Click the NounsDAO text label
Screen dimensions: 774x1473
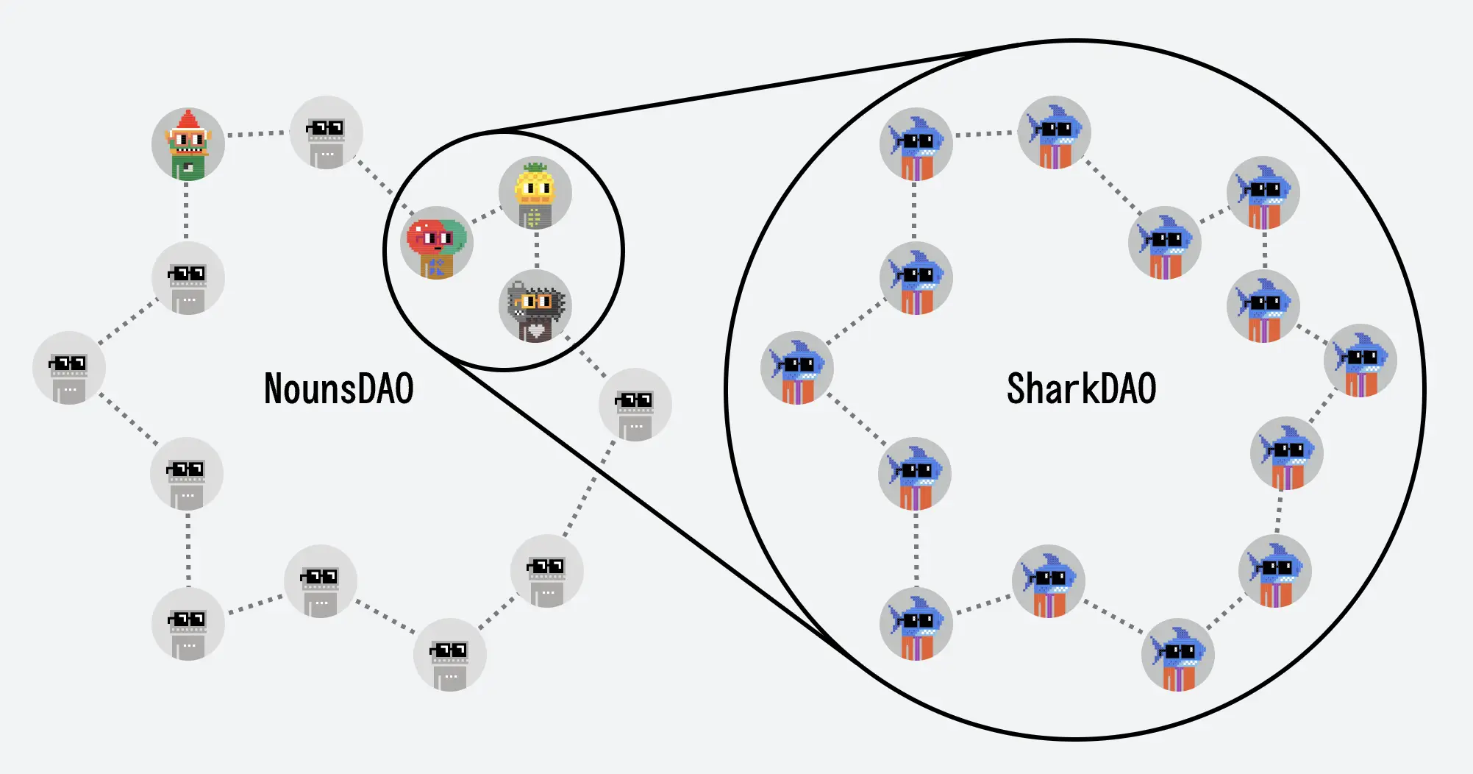coord(338,389)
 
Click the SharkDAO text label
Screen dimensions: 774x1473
coord(1081,389)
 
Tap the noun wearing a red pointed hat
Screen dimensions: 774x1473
coord(188,145)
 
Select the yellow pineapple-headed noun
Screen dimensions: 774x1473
coord(535,194)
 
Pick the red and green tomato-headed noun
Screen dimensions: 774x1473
coord(437,244)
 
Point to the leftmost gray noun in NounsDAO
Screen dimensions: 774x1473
coord(69,368)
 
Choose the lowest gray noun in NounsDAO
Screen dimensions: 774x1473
coord(449,655)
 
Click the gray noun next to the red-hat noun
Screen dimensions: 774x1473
coord(327,133)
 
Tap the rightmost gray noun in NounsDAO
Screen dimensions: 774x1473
coord(635,405)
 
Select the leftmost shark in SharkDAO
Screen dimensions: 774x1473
coord(797,368)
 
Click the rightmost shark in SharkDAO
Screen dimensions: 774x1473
coord(1360,361)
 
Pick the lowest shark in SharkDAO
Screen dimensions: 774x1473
coord(1178,655)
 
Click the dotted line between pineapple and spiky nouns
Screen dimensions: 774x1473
coord(537,250)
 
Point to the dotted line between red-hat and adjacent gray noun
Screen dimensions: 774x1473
coord(256,134)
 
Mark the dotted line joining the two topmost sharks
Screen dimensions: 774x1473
coord(984,134)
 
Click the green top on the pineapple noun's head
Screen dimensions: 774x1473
coord(535,166)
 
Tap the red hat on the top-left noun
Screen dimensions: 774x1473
coord(188,121)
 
